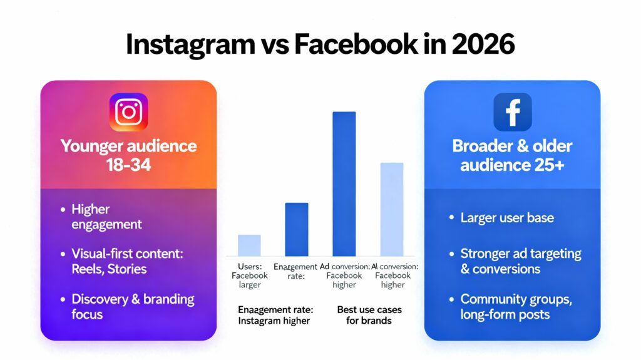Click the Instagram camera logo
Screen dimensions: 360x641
point(128,111)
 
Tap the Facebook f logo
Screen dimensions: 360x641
point(512,111)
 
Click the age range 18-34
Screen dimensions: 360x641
point(128,165)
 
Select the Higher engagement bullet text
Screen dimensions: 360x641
point(106,217)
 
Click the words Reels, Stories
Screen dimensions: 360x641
point(109,269)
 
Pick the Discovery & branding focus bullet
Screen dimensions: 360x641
point(133,306)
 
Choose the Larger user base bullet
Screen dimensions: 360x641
point(507,218)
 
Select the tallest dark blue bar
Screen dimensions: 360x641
point(344,183)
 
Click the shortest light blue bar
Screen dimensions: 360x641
point(249,245)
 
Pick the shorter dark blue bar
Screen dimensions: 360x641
point(296,229)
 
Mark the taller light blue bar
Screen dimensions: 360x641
point(392,208)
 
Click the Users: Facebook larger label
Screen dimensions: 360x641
point(249,275)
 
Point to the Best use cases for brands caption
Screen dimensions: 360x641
point(369,315)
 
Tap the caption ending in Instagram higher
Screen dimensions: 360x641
point(275,315)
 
